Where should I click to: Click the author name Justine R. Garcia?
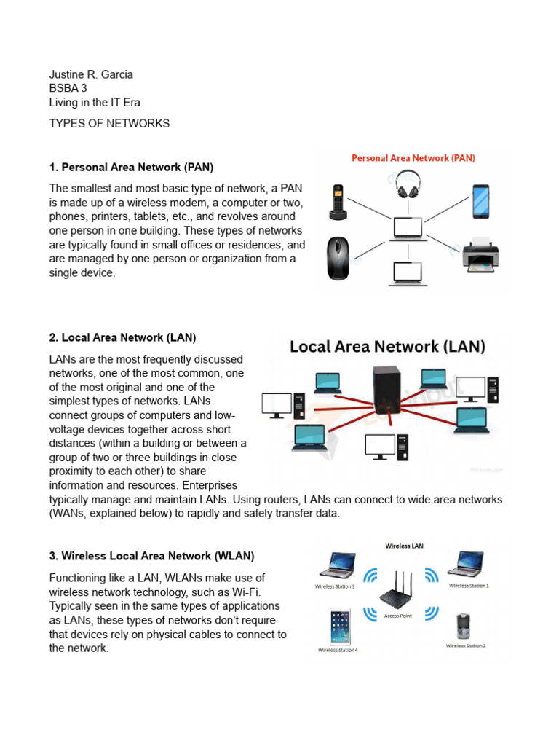pos(91,74)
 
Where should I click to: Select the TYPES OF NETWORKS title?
pos(109,123)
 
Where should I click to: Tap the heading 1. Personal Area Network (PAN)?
pos(131,168)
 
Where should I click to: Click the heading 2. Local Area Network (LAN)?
pos(122,338)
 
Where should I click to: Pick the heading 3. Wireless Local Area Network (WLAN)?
pos(151,557)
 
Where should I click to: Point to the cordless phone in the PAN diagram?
pos(338,200)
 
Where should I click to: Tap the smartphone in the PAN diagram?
pos(481,200)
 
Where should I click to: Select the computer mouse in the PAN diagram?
pos(338,259)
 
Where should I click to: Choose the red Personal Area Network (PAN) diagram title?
pos(413,157)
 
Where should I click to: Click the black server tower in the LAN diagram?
pos(387,397)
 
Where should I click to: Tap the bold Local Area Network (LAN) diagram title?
pos(387,346)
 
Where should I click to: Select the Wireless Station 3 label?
pos(335,586)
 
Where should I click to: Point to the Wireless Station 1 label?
pos(469,585)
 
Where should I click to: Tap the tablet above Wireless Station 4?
pos(338,625)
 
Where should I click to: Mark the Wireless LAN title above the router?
pos(404,546)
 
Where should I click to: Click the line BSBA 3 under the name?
pos(68,88)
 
